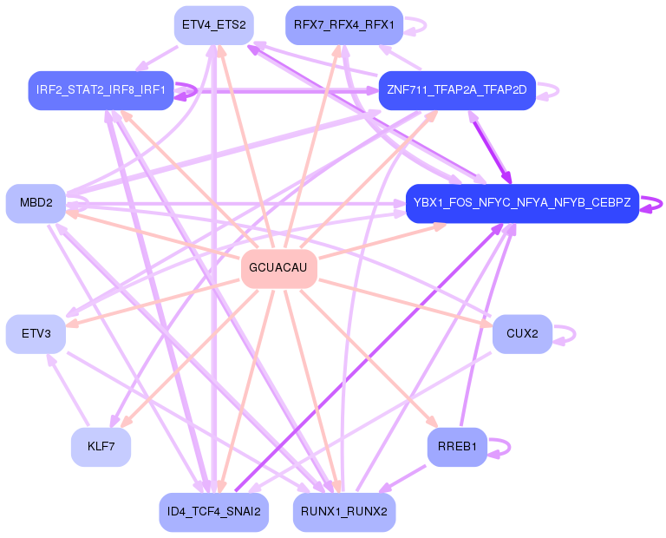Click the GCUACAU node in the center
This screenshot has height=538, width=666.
tap(278, 268)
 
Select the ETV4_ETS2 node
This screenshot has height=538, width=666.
tap(213, 25)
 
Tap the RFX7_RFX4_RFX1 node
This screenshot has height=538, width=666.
tap(343, 25)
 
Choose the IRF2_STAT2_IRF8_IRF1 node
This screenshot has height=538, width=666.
tap(101, 90)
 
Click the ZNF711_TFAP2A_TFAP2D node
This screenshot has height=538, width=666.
tap(457, 90)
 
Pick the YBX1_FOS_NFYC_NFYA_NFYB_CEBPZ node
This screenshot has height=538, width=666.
tap(522, 203)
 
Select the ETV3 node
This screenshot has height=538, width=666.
tap(36, 334)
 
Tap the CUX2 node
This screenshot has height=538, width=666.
tap(522, 334)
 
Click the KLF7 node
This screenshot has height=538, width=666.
tap(101, 447)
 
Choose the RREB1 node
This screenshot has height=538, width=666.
tap(457, 447)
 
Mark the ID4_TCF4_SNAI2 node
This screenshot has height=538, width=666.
tap(213, 512)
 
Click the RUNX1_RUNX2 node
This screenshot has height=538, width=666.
tap(344, 512)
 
